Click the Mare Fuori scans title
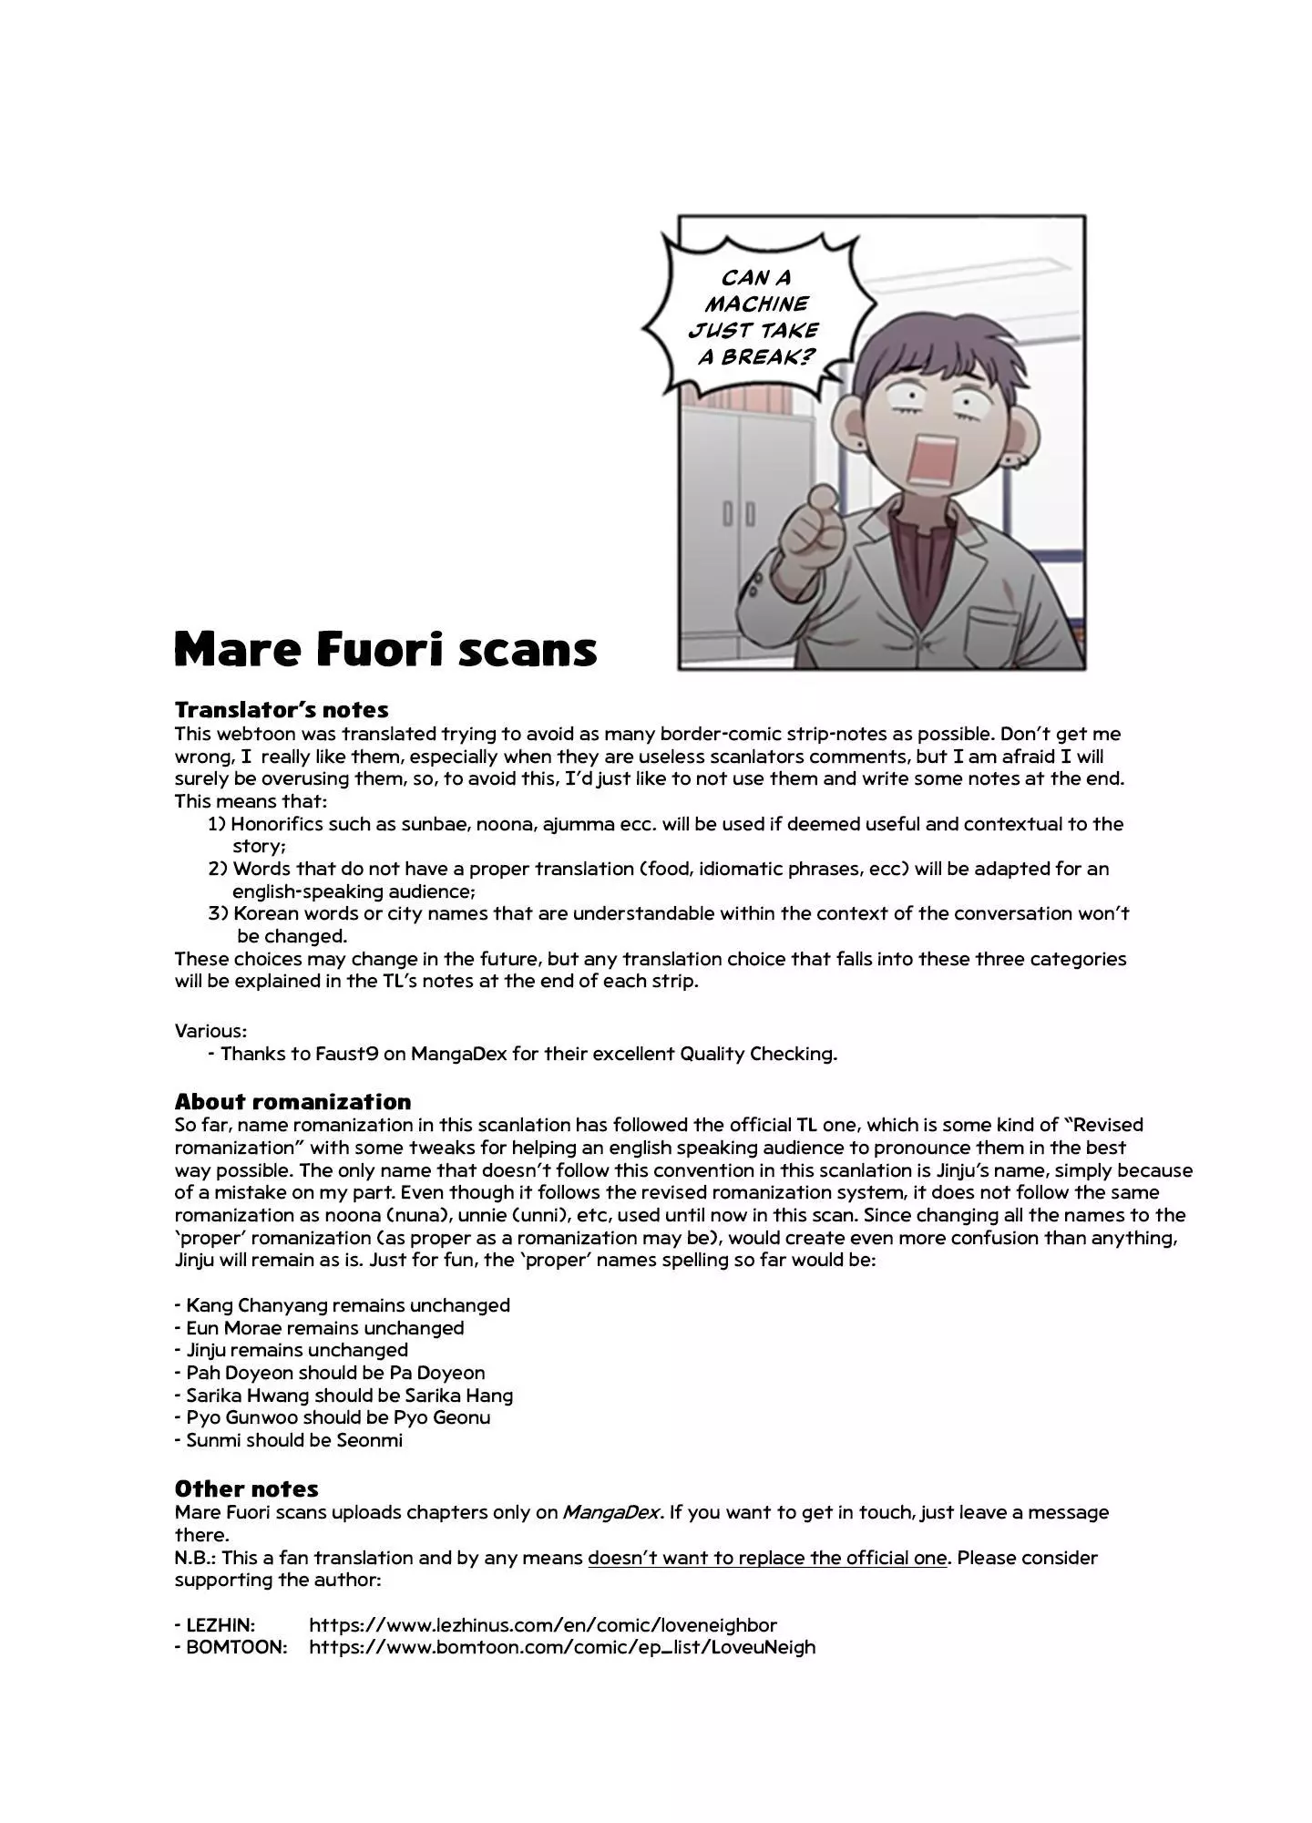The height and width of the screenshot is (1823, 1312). (384, 649)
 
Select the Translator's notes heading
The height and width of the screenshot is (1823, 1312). (281, 709)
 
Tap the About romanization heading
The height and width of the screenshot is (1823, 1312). (292, 1101)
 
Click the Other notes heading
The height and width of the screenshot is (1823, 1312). (246, 1488)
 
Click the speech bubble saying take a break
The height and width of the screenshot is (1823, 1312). (756, 316)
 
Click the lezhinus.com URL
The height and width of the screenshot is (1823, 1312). (542, 1624)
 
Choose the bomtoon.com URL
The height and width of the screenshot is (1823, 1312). (561, 1647)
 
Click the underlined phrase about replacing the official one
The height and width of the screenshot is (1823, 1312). (767, 1557)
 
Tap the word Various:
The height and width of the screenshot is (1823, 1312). (210, 1030)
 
